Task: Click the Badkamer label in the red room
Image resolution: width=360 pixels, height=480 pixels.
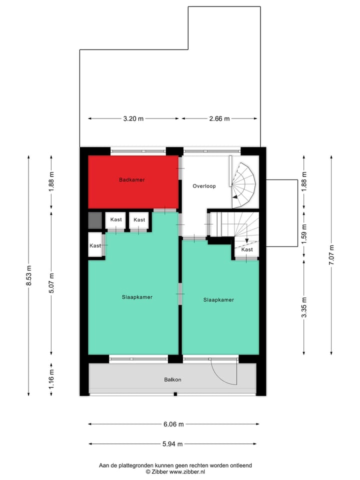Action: pos(132,179)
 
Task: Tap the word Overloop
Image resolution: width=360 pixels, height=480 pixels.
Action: pos(204,186)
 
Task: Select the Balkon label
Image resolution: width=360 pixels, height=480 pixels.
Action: pos(172,379)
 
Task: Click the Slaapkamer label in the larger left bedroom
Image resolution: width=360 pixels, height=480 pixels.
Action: pos(137,297)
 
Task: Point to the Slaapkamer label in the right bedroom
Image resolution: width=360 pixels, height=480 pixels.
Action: pos(218,300)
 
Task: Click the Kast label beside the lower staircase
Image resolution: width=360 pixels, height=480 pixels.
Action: pos(247,249)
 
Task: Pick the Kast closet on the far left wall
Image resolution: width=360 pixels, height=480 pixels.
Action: pos(95,245)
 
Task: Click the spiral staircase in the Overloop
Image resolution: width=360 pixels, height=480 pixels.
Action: pos(244,185)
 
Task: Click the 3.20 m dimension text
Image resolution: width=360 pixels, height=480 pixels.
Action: pos(133,119)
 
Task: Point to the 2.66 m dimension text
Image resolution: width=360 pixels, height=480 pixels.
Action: pos(219,119)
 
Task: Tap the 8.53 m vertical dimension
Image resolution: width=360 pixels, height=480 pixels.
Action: pos(29,275)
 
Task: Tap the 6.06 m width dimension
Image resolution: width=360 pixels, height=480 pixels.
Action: pos(173,424)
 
